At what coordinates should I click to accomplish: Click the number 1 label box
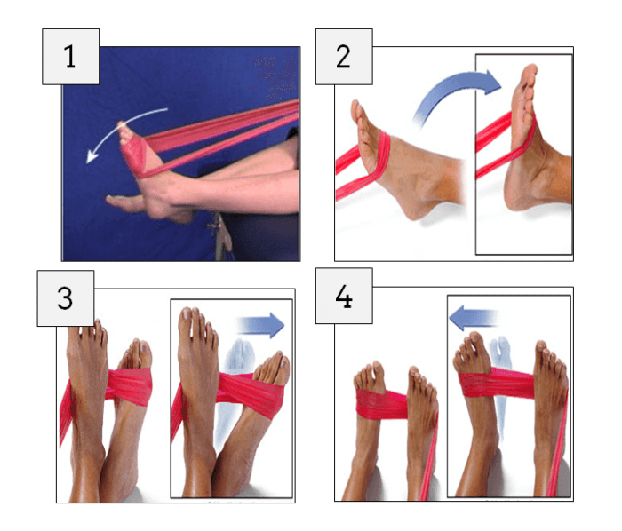[70, 56]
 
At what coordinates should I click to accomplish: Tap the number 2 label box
[344, 56]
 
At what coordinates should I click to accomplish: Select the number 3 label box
[66, 298]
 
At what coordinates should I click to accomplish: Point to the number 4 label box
[344, 296]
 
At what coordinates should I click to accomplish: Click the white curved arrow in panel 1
[119, 123]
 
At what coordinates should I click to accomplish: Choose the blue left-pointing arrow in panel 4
[473, 318]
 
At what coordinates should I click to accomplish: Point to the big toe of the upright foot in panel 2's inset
[530, 73]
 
